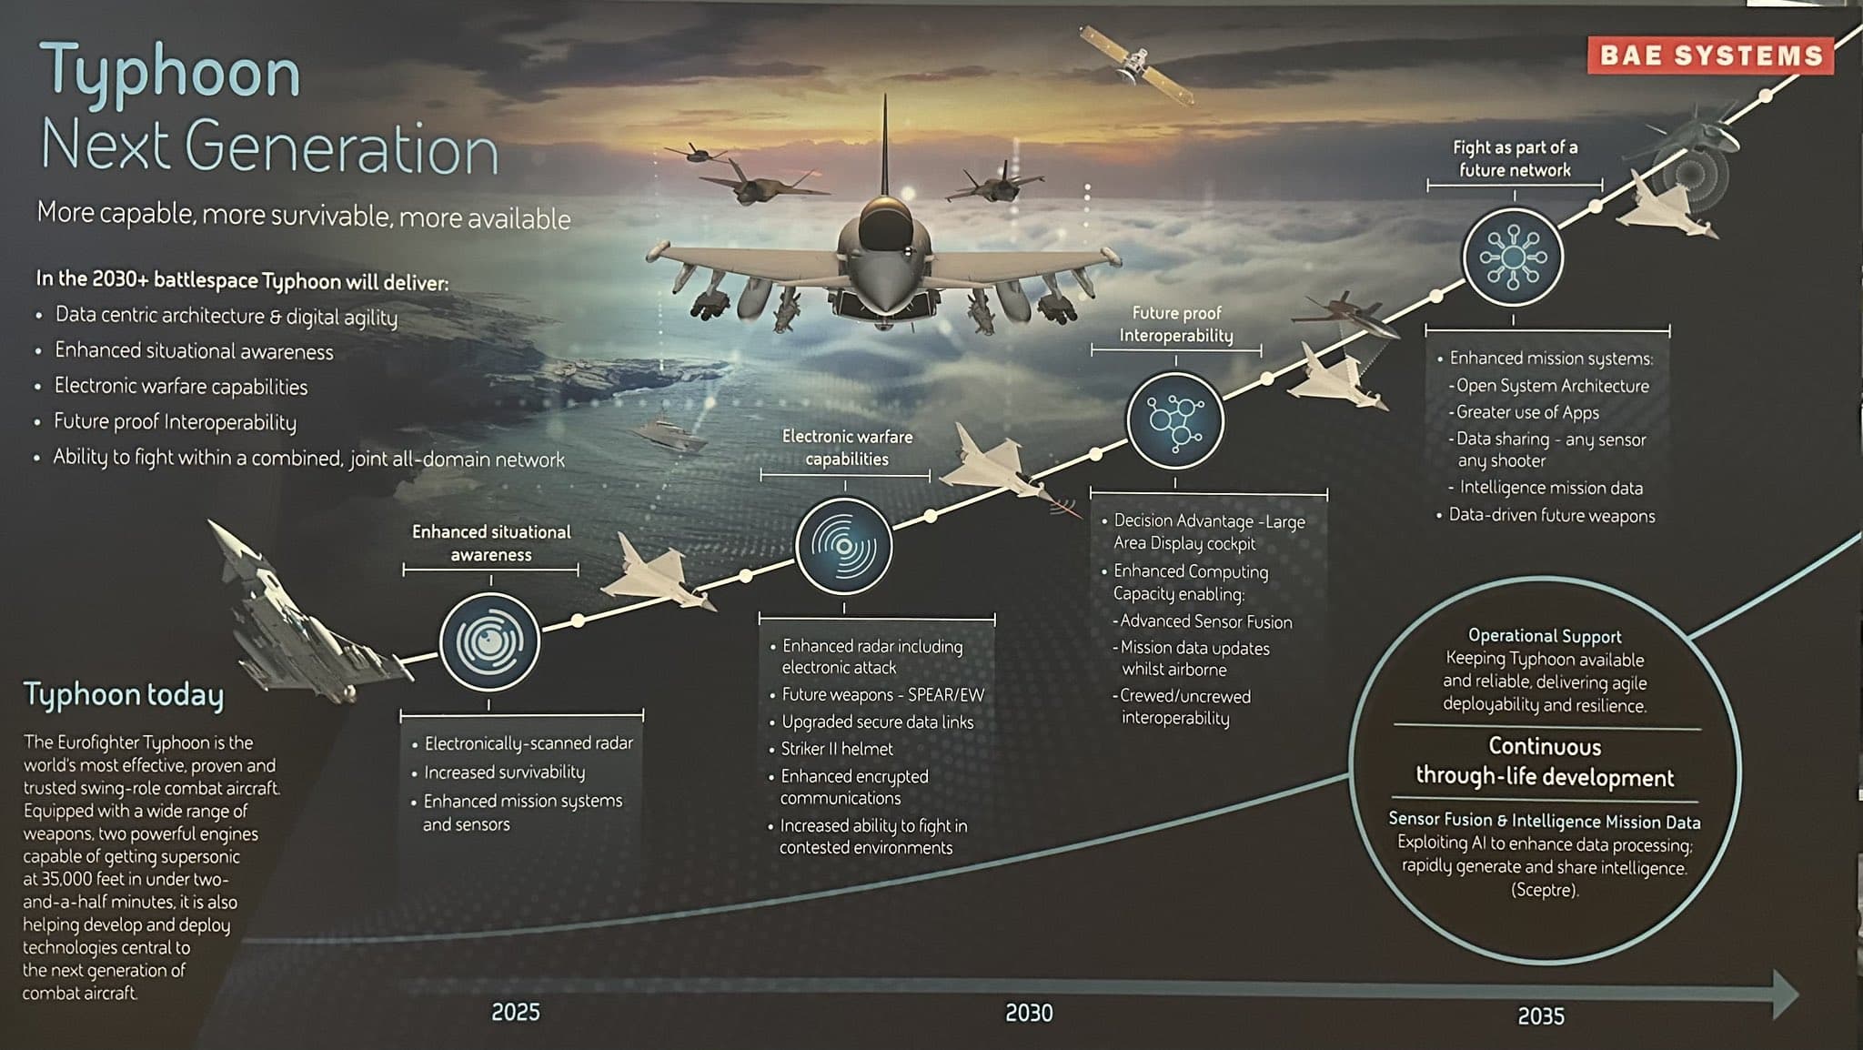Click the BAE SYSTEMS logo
pyautogui.click(x=1710, y=55)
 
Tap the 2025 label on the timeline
pyautogui.click(x=516, y=1012)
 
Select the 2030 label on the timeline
pyautogui.click(x=1029, y=1013)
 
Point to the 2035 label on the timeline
pyautogui.click(x=1541, y=1015)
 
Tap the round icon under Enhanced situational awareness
pyautogui.click(x=489, y=642)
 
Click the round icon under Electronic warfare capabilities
pyautogui.click(x=844, y=546)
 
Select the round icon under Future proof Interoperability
pyautogui.click(x=1175, y=420)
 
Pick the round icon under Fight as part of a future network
pyautogui.click(x=1513, y=257)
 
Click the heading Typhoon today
pyautogui.click(x=124, y=695)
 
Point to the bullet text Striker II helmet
pyautogui.click(x=837, y=749)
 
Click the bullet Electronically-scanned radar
pyautogui.click(x=529, y=743)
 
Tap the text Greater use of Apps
pyautogui.click(x=1527, y=412)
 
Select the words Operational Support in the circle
pyautogui.click(x=1545, y=636)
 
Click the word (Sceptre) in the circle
pyautogui.click(x=1545, y=890)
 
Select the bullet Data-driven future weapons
pyautogui.click(x=1552, y=515)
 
